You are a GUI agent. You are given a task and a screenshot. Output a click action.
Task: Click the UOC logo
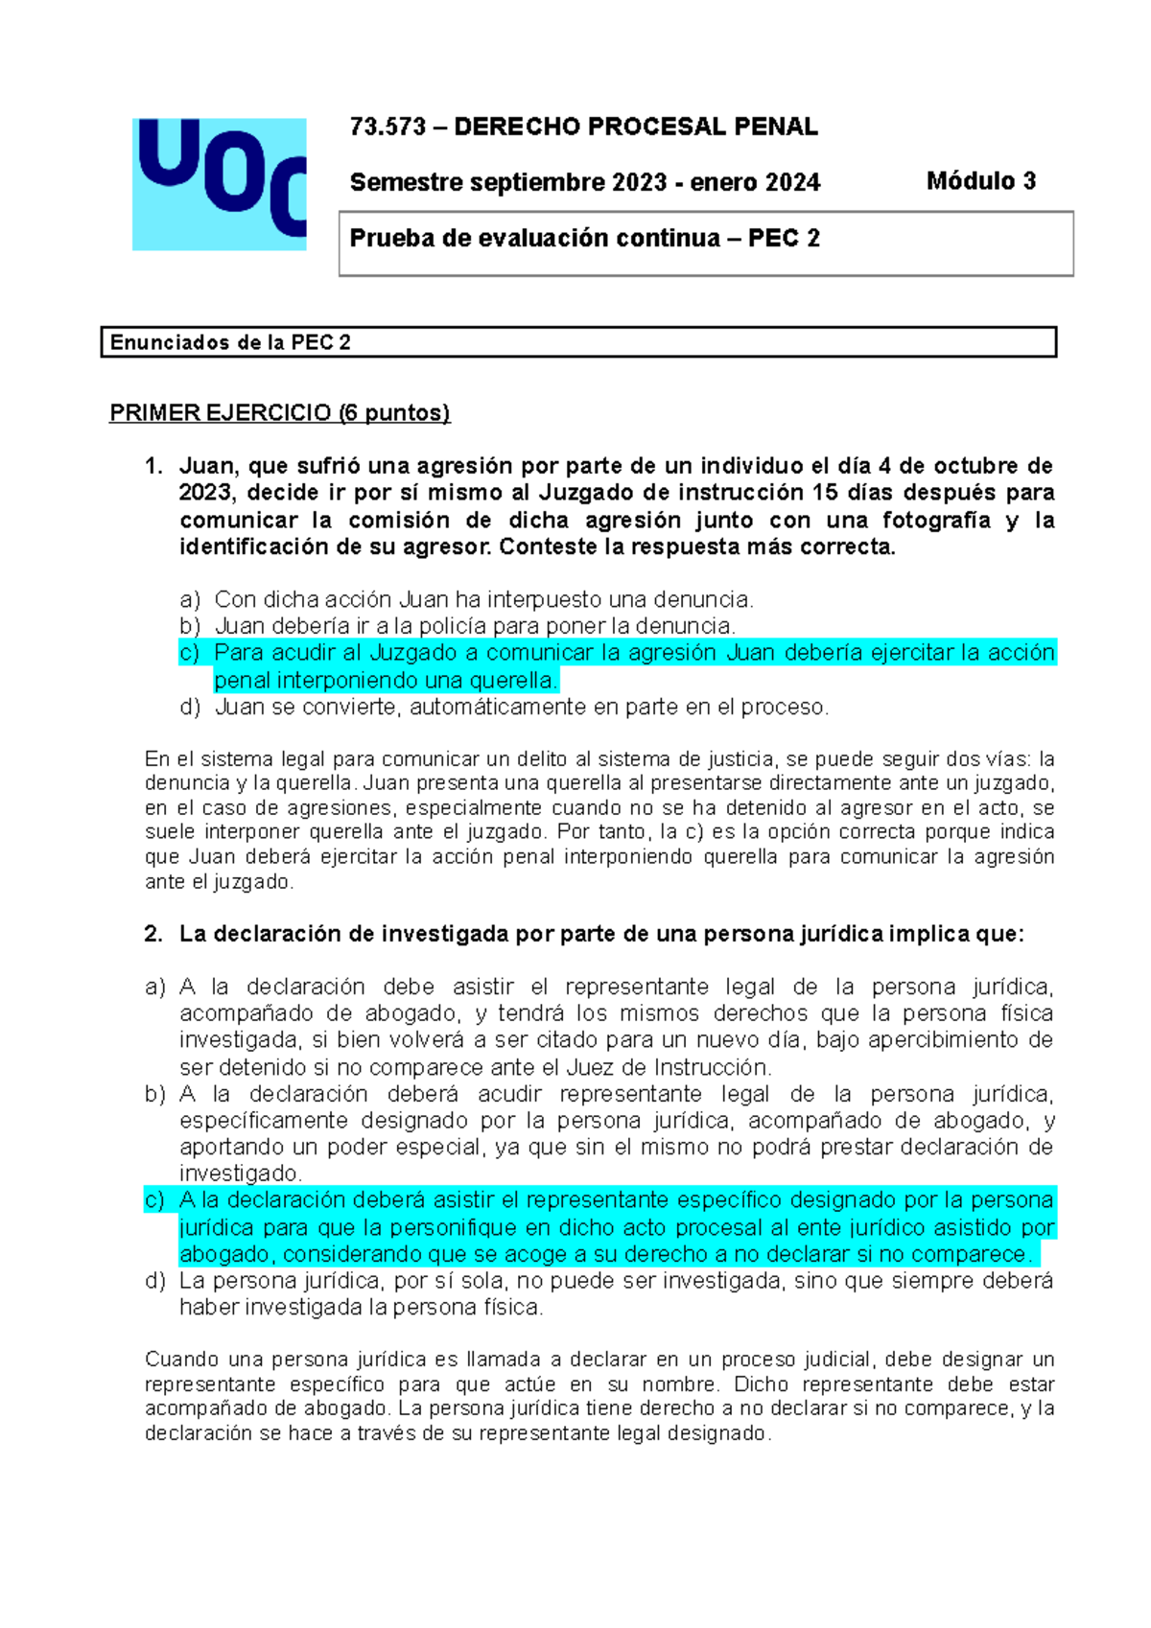[220, 184]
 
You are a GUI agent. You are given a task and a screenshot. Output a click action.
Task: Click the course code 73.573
[388, 127]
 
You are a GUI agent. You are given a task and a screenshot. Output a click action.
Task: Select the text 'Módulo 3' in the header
[980, 181]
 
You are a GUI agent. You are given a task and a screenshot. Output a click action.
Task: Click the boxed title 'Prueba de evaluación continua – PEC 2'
[584, 239]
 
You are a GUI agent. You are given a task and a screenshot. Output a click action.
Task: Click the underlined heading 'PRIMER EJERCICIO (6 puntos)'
[279, 413]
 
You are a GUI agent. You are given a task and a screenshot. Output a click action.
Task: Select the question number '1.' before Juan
[153, 466]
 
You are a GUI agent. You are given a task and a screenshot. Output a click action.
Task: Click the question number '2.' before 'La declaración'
[153, 934]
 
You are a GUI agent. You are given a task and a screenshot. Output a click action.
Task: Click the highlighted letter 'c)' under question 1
[189, 653]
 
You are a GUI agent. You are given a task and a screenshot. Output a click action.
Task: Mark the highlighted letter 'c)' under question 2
[154, 1200]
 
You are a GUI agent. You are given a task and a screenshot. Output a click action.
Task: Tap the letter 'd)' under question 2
[154, 1281]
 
